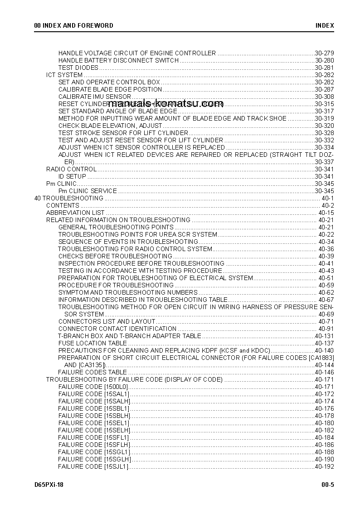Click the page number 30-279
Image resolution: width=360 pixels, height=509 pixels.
click(324, 53)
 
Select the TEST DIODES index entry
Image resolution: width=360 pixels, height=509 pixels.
click(78, 68)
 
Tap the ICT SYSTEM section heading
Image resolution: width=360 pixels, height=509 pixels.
click(64, 75)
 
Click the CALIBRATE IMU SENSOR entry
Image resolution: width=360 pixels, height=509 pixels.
click(95, 97)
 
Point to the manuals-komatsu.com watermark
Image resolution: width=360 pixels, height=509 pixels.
click(165, 103)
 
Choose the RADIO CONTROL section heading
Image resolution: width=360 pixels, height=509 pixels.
click(71, 169)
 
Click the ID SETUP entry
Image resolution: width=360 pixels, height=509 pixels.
click(72, 176)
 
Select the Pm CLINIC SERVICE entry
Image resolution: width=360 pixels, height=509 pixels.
click(88, 191)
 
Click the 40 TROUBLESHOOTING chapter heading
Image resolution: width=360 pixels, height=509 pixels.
click(69, 198)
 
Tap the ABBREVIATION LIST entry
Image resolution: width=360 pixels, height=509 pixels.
click(75, 213)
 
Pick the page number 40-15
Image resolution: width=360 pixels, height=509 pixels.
click(326, 213)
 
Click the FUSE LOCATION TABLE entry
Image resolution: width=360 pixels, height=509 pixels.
click(92, 343)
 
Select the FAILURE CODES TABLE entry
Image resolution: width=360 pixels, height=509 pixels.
click(92, 372)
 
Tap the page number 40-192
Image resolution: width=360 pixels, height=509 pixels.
click(324, 466)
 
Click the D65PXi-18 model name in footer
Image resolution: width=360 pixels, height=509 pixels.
click(49, 485)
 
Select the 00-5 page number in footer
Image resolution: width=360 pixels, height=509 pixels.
click(328, 485)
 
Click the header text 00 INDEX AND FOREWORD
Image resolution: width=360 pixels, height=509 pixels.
click(74, 25)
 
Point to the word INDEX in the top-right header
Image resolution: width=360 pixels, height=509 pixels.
click(325, 25)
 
